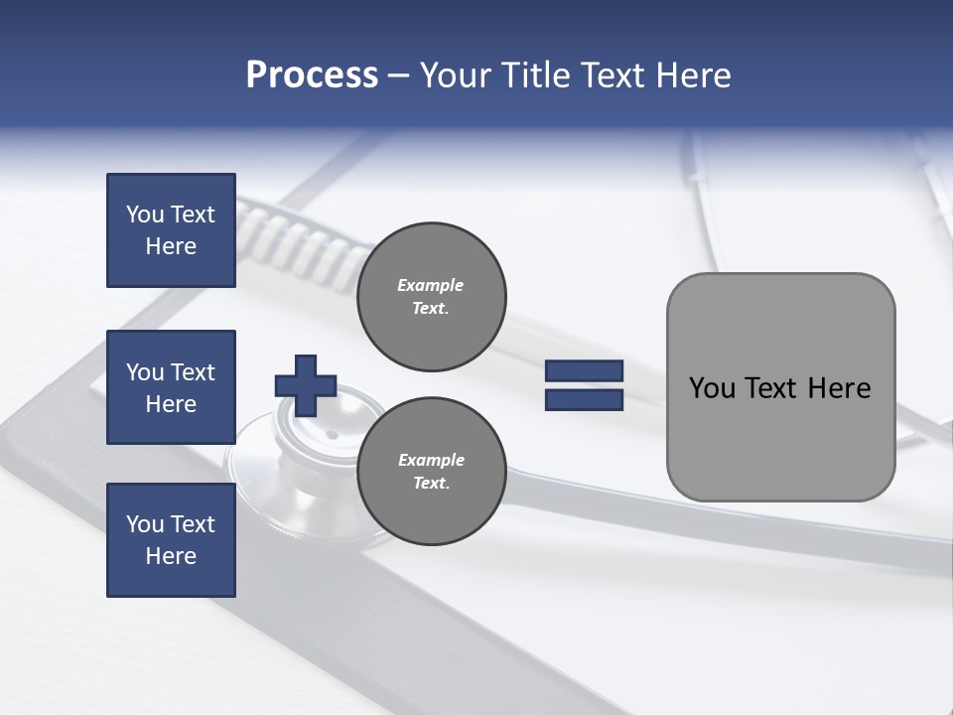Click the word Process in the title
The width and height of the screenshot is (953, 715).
click(x=312, y=75)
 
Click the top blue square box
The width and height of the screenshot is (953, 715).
click(x=171, y=230)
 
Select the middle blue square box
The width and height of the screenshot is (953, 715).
click(x=171, y=387)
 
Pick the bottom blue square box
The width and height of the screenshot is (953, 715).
click(x=171, y=540)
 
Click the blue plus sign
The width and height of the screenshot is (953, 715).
click(x=306, y=385)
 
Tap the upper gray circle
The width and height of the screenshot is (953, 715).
click(x=431, y=296)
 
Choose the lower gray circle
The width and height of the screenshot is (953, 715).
click(x=431, y=471)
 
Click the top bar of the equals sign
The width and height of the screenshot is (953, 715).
click(x=584, y=371)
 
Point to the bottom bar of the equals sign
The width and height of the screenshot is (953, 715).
click(x=584, y=400)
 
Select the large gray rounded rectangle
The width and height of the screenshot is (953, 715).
click(x=780, y=437)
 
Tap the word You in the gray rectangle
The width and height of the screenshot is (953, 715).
click(x=712, y=388)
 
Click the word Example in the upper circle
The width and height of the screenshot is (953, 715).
click(x=431, y=285)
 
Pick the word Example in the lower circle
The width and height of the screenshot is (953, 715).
click(x=431, y=460)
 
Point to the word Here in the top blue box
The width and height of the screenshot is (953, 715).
click(x=171, y=246)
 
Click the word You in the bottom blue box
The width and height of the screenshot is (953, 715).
click(x=145, y=524)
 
